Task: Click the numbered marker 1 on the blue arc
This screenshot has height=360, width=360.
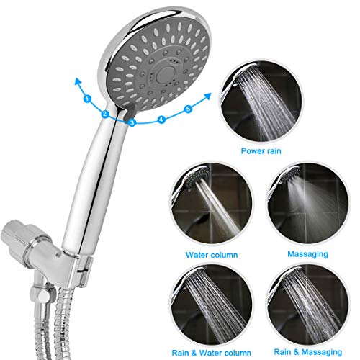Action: pyautogui.click(x=87, y=97)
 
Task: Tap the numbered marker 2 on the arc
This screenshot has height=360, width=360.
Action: pyautogui.click(x=104, y=114)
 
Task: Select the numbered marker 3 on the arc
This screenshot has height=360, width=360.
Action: pyautogui.click(x=132, y=123)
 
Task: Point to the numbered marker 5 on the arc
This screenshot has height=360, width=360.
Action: pyautogui.click(x=189, y=109)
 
